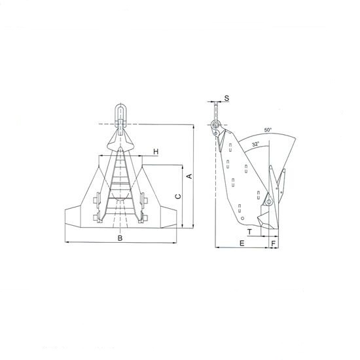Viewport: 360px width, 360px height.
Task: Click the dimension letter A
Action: (x=190, y=176)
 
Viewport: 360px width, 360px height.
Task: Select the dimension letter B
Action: (x=120, y=238)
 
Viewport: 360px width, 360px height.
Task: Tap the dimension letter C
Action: (x=178, y=196)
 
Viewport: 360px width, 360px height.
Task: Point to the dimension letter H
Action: (x=156, y=152)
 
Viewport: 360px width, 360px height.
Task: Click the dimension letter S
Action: (x=226, y=98)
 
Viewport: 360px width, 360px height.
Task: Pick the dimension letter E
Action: (x=242, y=243)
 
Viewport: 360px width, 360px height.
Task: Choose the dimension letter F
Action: (x=273, y=243)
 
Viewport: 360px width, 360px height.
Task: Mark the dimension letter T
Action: (x=249, y=232)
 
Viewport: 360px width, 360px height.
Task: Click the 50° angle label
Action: (x=268, y=130)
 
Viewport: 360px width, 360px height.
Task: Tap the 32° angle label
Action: (x=255, y=145)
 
